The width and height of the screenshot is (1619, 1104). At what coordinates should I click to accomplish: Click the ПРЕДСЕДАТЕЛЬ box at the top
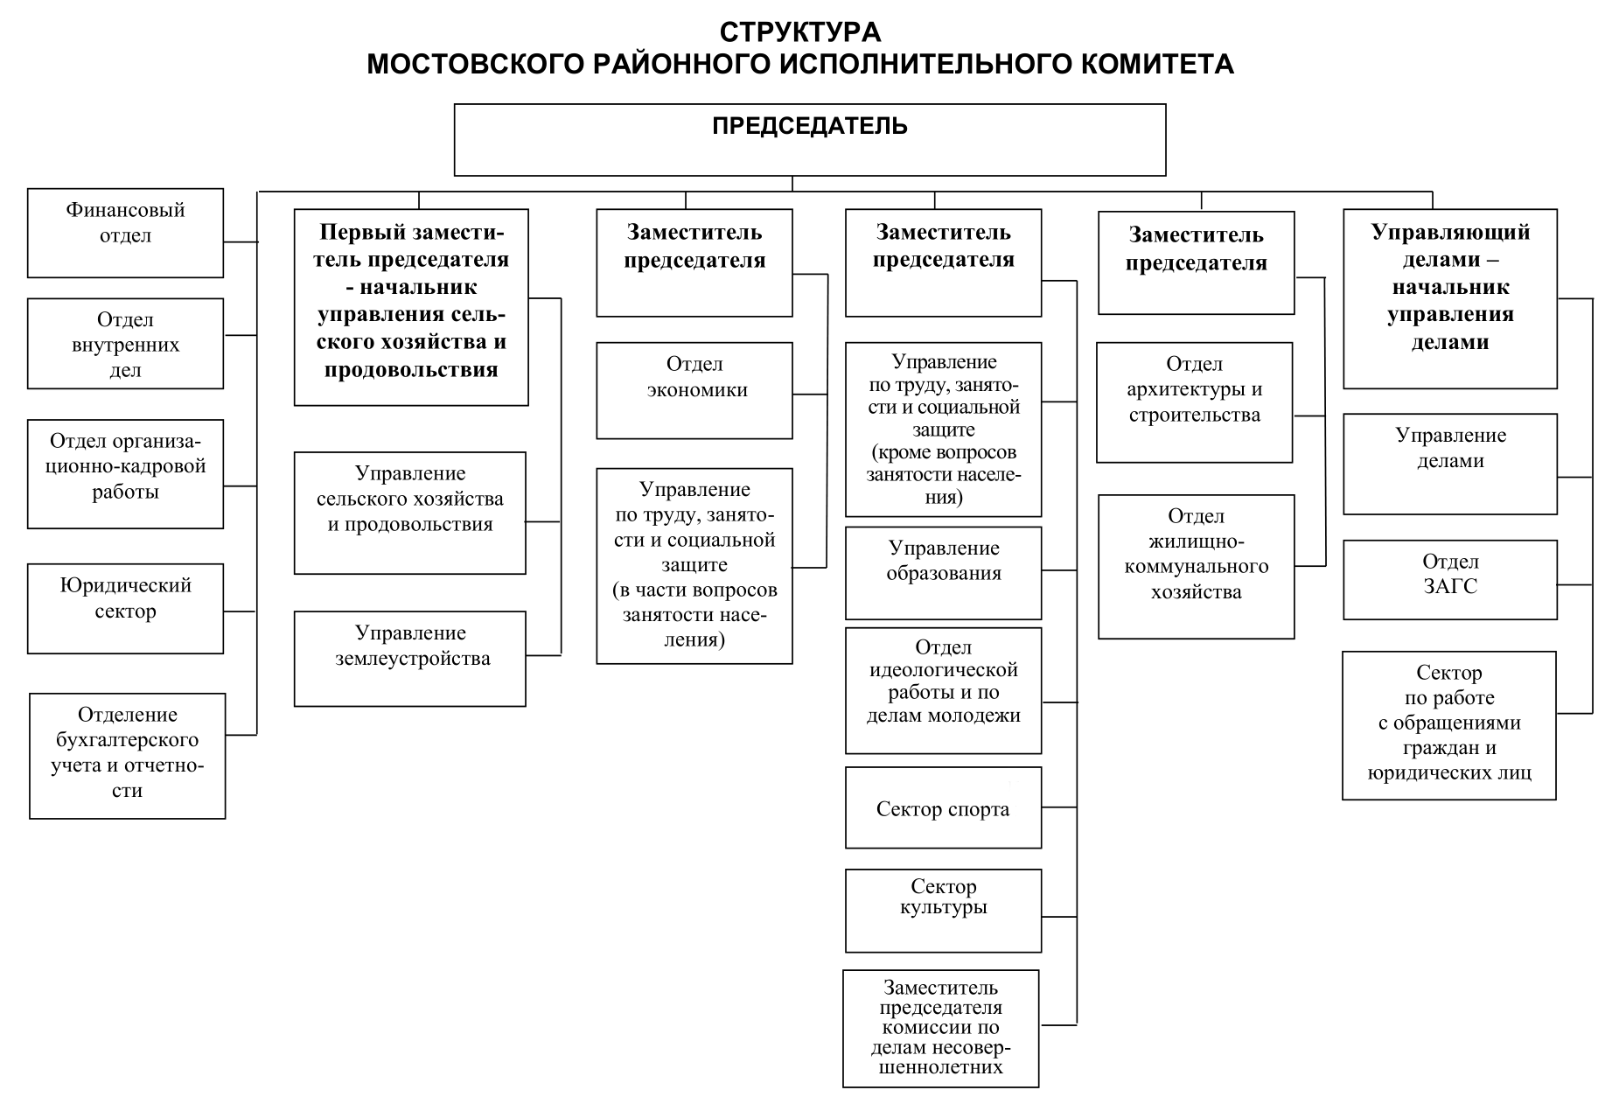809,140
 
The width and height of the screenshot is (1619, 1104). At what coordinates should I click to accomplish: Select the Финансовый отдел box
125,233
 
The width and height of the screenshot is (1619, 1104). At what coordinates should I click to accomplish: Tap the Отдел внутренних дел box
125,344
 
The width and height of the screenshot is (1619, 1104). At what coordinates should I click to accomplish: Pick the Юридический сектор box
125,608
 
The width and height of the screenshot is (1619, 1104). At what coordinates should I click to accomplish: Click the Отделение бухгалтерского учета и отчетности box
127,756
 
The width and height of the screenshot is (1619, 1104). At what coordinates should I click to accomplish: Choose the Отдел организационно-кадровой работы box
125,473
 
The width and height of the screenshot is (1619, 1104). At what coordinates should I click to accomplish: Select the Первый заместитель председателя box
411,306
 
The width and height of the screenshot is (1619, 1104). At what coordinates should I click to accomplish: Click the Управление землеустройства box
409,658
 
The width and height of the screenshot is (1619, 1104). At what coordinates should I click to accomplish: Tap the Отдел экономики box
694,390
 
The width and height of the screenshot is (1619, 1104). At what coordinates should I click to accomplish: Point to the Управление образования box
943,572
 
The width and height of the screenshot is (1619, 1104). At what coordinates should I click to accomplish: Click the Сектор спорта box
943,807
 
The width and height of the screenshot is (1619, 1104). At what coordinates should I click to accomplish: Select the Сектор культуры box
943,910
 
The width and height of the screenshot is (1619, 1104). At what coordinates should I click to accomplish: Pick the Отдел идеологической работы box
943,690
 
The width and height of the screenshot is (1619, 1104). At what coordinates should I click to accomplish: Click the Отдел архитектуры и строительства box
1194,402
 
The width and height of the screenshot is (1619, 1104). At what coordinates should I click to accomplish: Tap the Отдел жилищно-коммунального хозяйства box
1196,566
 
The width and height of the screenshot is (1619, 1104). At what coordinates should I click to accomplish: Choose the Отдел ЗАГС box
1449,579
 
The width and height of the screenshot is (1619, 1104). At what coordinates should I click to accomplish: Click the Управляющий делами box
1449,298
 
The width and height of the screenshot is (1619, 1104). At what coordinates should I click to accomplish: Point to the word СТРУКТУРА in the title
800,32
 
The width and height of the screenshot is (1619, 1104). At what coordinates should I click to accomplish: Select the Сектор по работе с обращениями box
1448,724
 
